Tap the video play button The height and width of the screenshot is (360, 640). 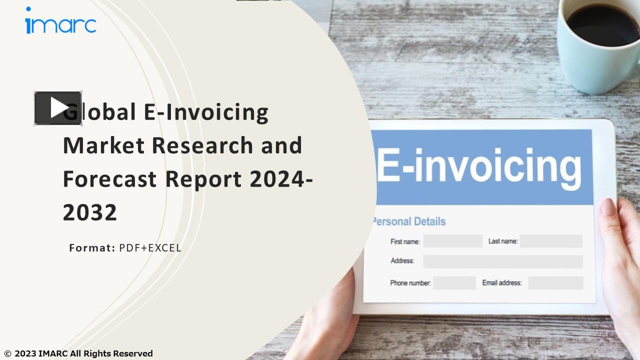[58, 108]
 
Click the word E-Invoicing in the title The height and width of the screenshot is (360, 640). [206, 112]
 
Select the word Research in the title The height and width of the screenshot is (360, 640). [202, 145]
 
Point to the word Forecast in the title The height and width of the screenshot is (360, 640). [109, 179]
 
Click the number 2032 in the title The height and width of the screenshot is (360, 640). [90, 212]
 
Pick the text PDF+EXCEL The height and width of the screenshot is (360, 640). [150, 248]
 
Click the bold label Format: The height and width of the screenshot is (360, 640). [92, 248]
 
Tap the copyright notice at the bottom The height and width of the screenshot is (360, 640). [78, 353]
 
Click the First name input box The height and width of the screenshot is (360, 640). [452, 241]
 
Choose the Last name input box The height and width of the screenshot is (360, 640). [551, 241]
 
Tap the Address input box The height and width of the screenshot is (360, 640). [502, 261]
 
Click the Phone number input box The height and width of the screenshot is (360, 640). [454, 283]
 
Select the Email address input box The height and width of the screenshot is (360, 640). [555, 283]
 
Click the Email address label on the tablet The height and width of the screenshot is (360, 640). [501, 283]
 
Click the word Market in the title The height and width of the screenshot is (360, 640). [103, 145]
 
